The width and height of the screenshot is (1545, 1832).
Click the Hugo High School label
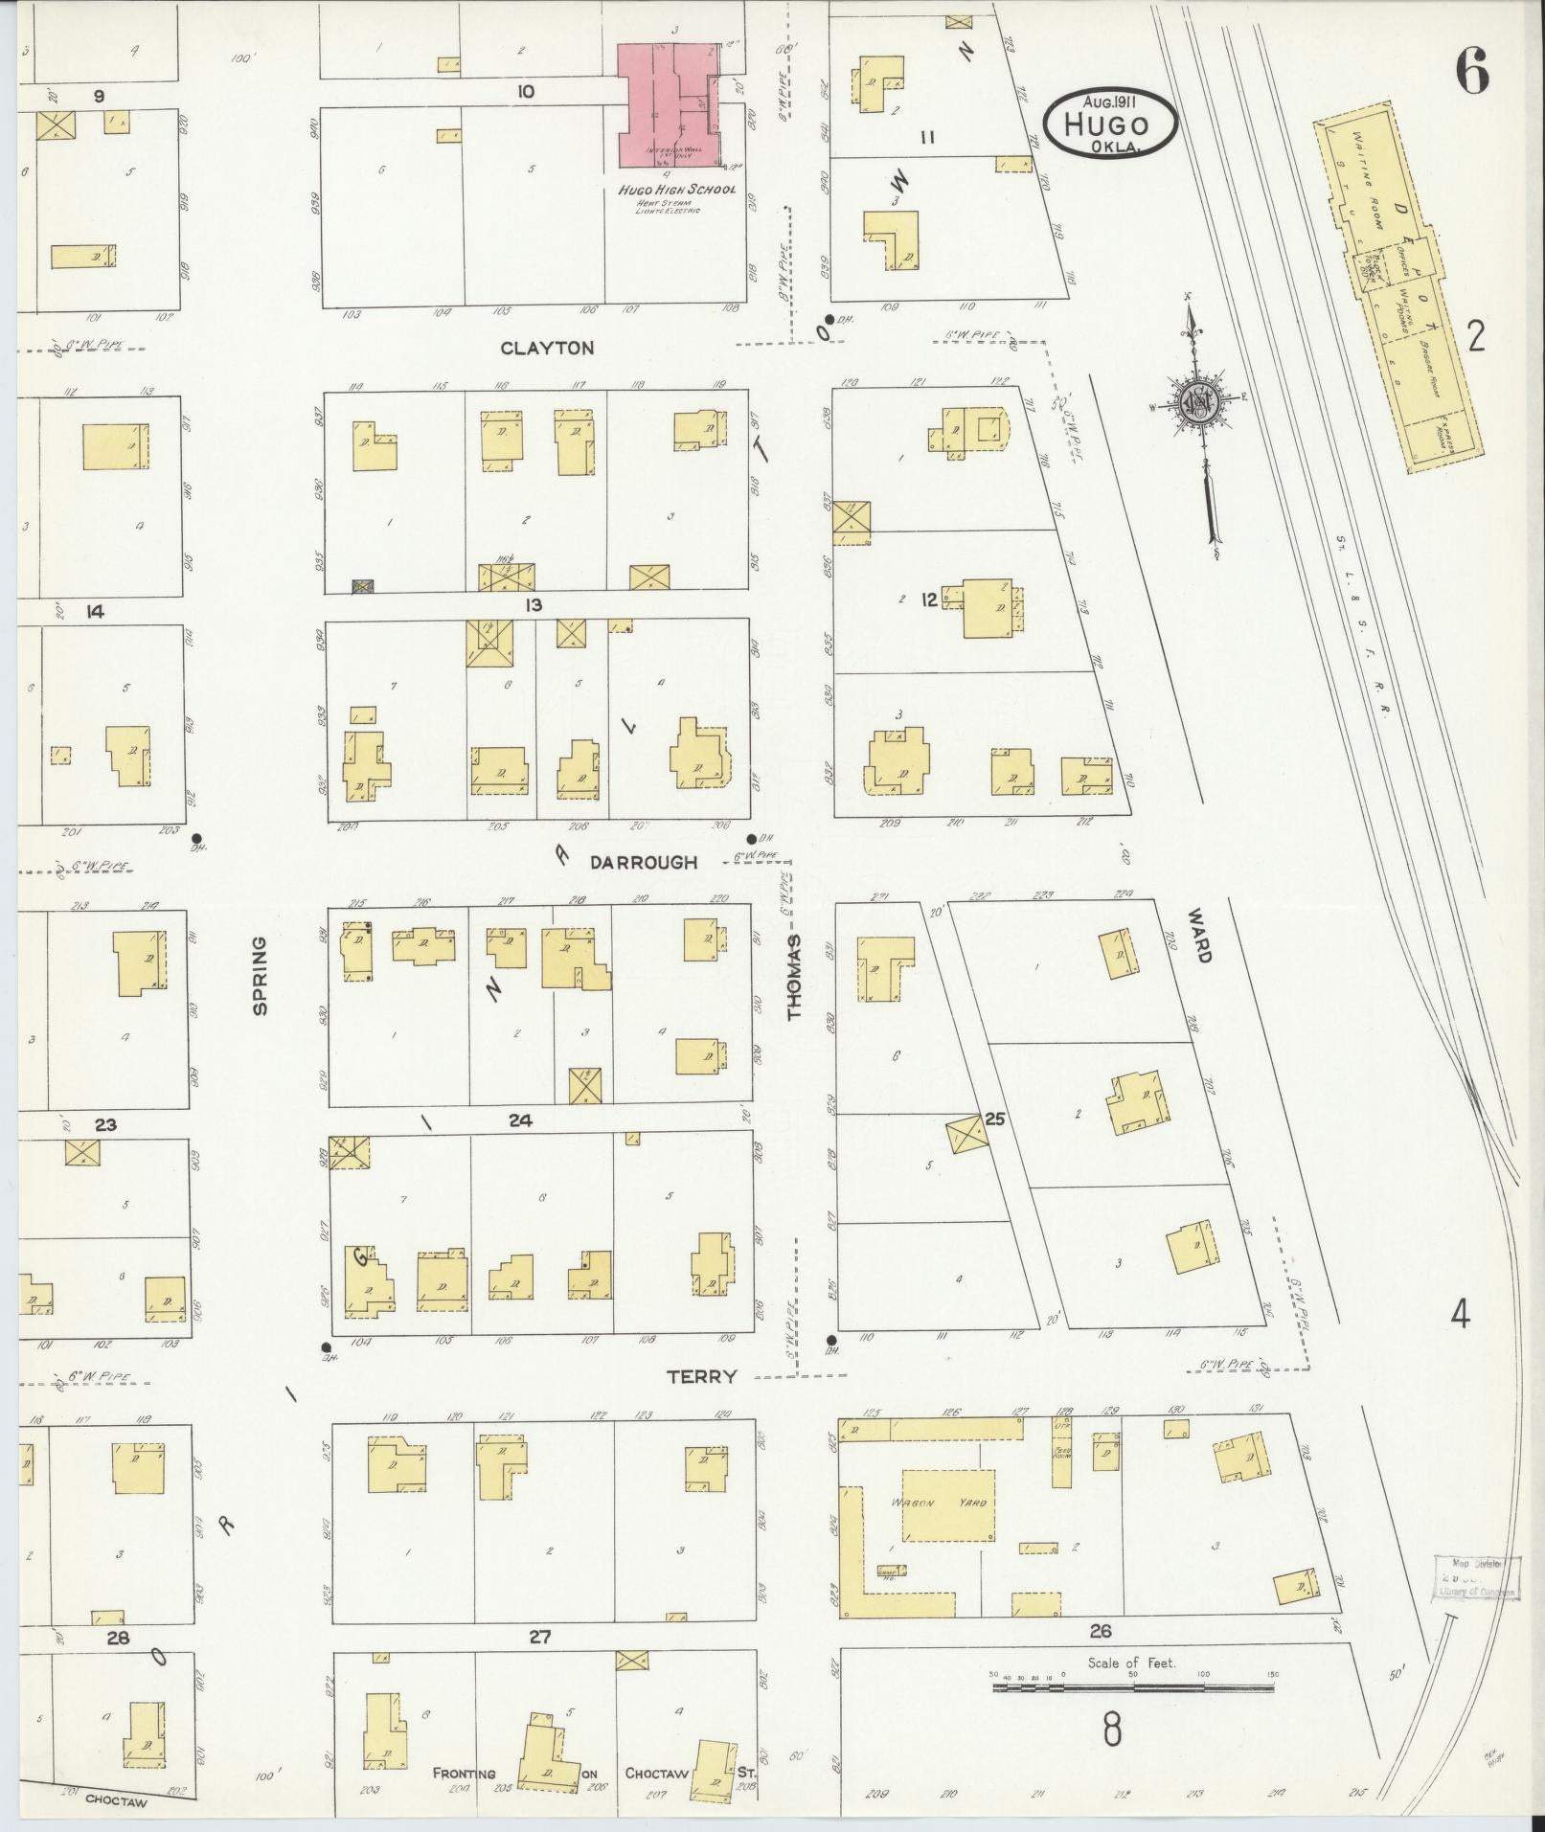pos(676,190)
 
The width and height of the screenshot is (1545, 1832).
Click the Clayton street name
pos(547,349)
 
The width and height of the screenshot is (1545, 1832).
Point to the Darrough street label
pos(644,862)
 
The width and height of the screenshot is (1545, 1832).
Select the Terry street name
pos(702,1376)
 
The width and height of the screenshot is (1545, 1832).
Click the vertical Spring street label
pos(259,975)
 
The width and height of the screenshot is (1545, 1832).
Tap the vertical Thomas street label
pos(794,977)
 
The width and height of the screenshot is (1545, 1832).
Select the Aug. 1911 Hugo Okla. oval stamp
pos(1111,122)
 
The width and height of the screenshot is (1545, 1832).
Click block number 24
pos(521,1120)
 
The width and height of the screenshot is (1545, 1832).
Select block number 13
pos(534,605)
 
